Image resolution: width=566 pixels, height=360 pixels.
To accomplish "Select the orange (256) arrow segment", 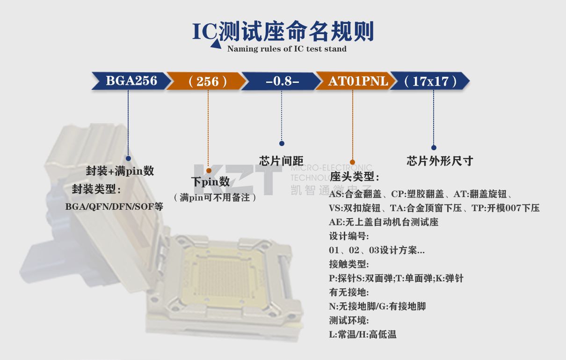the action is pyautogui.click(x=206, y=81).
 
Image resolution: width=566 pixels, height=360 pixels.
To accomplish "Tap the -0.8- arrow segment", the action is pyautogui.click(x=281, y=81).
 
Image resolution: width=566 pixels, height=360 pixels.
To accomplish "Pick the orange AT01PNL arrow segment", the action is pyautogui.click(x=356, y=81).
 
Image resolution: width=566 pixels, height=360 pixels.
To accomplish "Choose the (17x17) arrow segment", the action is pyautogui.click(x=430, y=81).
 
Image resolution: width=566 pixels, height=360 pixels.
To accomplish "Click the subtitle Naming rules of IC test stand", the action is pyautogui.click(x=287, y=49).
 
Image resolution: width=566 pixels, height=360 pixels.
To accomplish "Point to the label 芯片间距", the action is pyautogui.click(x=281, y=161).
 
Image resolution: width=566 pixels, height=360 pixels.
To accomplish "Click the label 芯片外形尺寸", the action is pyautogui.click(x=440, y=161).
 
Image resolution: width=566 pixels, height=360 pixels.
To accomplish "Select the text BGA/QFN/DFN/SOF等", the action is pyautogui.click(x=114, y=207).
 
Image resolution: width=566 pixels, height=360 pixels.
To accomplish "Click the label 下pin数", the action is pyautogui.click(x=210, y=182).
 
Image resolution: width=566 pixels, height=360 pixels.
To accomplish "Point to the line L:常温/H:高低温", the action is pyautogui.click(x=363, y=334).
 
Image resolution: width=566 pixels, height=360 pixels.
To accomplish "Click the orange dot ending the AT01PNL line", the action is pyautogui.click(x=353, y=162).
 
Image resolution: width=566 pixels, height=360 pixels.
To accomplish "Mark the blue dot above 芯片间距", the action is pyautogui.click(x=282, y=143).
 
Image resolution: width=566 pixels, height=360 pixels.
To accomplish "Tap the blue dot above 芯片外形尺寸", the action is pyautogui.click(x=434, y=147).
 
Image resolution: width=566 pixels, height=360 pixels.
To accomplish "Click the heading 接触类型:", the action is pyautogui.click(x=349, y=264).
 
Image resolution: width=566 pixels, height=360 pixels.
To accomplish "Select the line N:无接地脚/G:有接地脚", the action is pyautogui.click(x=377, y=307).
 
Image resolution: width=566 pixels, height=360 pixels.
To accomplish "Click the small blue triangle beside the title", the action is pyautogui.click(x=216, y=44).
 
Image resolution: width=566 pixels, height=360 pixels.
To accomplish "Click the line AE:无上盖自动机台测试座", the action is pyautogui.click(x=384, y=222).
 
